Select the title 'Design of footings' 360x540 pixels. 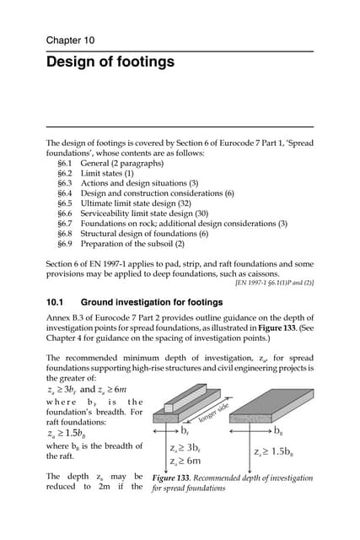point(110,62)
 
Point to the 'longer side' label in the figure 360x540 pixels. point(214,409)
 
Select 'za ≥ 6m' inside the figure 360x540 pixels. point(185,462)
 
